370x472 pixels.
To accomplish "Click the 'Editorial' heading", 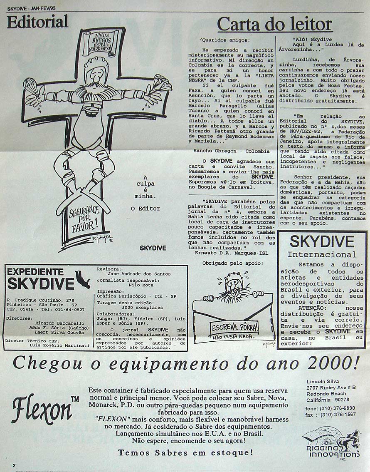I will pyautogui.click(x=37, y=21).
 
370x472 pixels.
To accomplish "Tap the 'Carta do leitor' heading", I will pyautogui.click(x=275, y=25).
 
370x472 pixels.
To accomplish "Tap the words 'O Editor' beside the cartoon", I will pyautogui.click(x=145, y=208).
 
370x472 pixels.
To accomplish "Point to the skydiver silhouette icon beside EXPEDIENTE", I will pyautogui.click(x=83, y=279).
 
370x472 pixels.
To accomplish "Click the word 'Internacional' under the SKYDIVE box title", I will pyautogui.click(x=322, y=254).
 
